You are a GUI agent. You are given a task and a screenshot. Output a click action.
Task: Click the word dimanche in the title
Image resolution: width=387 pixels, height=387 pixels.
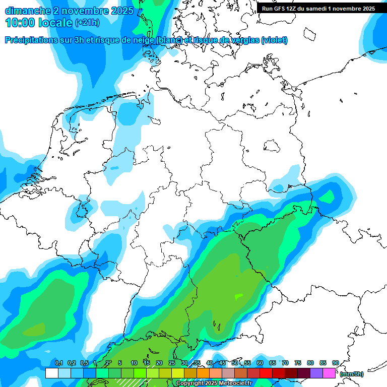27,10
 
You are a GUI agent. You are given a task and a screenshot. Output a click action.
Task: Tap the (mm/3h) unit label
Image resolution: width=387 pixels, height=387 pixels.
352,374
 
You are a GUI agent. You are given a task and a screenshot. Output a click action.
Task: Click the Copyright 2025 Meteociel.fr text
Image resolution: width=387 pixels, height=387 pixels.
214,383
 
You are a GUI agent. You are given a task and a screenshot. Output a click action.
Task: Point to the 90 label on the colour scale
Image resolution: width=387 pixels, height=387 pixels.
335,363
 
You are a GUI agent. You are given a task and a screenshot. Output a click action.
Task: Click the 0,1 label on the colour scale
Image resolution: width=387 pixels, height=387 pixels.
59,363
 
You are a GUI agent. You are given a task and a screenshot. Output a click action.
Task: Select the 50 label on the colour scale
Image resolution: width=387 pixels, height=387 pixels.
235,363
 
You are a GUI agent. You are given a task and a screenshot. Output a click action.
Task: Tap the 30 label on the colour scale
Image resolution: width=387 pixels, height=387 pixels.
184,363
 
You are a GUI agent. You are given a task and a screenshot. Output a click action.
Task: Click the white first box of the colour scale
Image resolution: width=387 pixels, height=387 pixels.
51,373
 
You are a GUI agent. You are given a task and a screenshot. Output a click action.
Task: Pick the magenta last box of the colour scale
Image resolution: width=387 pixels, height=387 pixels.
329,373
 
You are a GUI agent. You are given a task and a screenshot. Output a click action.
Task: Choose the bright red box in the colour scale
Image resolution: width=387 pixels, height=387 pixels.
266,373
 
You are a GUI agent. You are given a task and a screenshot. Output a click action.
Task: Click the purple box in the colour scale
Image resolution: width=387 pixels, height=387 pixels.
316,373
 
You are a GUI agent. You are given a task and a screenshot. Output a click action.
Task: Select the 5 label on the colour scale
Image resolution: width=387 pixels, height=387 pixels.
120,363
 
